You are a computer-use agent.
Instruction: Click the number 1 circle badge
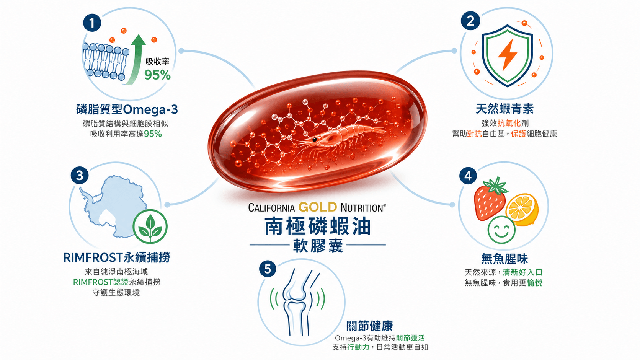92,23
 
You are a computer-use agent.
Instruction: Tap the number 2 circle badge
470,21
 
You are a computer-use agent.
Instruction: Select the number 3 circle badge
80,175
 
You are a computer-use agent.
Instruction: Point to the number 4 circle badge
468,176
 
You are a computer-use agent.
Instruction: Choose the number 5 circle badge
268,269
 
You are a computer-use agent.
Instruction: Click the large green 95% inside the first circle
157,75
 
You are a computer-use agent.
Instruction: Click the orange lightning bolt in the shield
508,55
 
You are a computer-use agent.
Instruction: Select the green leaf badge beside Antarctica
150,226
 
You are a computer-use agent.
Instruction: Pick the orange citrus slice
522,209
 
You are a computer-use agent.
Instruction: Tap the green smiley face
501,230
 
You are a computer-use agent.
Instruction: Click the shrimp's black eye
314,140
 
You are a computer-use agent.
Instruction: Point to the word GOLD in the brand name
318,207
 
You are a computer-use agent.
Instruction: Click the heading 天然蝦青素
504,109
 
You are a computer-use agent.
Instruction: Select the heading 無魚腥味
504,259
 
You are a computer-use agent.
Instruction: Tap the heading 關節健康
370,326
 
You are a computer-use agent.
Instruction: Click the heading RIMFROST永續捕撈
117,257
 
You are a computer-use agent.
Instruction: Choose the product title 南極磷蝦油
318,226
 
